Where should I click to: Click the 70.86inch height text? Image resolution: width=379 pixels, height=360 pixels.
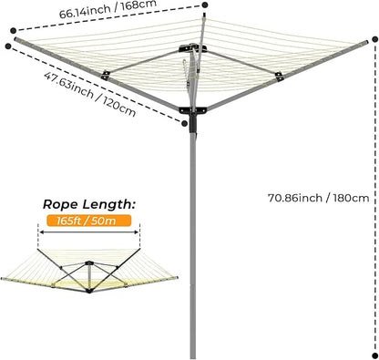pos(293,197)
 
